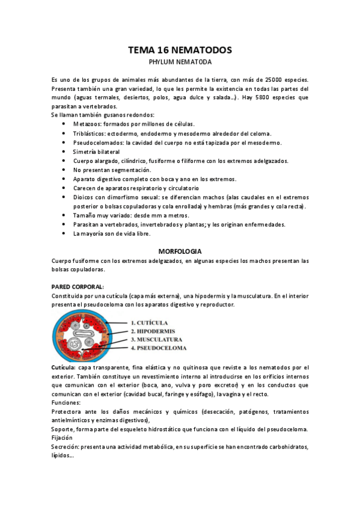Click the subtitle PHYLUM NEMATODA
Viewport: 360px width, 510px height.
coord(180,61)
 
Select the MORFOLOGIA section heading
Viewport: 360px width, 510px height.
coord(180,250)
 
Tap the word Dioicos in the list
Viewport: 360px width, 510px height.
coord(85,197)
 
